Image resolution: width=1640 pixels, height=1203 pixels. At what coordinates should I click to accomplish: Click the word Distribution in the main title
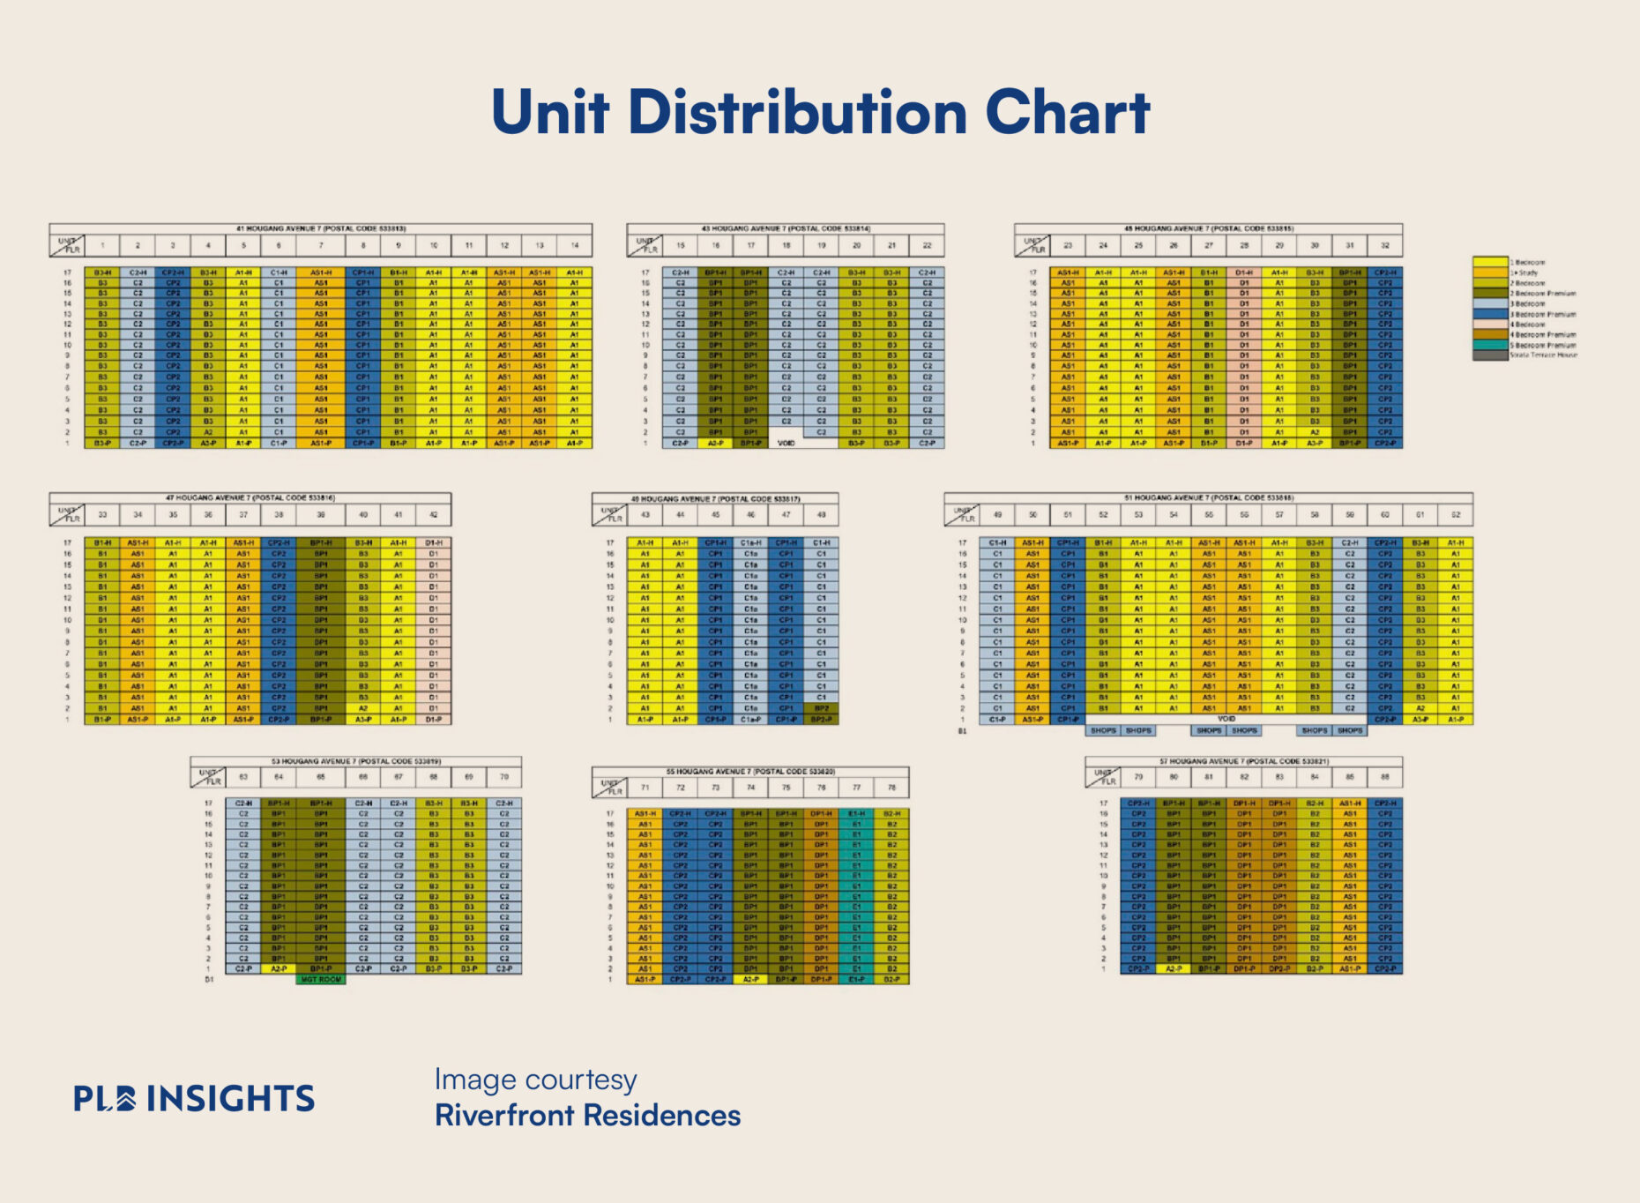click(x=797, y=113)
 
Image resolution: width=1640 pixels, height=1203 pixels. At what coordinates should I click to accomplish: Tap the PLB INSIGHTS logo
click(x=194, y=1098)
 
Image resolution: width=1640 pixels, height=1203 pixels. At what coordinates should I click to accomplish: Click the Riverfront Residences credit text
click(x=587, y=1116)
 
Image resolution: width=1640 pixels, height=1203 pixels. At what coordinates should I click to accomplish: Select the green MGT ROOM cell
click(x=321, y=979)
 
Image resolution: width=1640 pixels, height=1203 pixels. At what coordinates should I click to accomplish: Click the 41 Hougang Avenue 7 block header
click(x=321, y=228)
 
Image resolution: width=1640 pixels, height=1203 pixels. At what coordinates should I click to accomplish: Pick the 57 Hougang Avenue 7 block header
click(x=1243, y=761)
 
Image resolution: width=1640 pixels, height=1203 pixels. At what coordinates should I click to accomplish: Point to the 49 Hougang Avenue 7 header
click(x=715, y=498)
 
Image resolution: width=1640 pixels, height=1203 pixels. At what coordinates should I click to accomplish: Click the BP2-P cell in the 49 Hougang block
click(x=821, y=720)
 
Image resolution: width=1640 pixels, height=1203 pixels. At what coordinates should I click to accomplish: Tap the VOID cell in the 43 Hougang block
click(x=786, y=443)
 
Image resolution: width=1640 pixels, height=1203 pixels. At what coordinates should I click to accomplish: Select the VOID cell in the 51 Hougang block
click(x=1226, y=719)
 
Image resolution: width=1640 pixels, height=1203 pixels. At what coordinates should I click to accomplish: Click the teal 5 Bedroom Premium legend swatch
click(x=1490, y=346)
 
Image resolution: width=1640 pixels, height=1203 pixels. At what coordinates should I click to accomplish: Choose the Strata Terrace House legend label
click(x=1543, y=355)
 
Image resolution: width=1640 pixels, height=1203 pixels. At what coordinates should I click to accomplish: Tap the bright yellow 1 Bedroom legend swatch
click(x=1490, y=262)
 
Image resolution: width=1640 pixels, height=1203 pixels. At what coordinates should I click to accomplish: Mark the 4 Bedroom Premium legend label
click(x=1544, y=335)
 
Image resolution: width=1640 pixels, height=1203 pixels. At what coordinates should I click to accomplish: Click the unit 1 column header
click(x=102, y=245)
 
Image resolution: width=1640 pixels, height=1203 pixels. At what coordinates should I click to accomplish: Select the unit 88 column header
click(x=1385, y=777)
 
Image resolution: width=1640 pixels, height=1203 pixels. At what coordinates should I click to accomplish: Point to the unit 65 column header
click(x=321, y=777)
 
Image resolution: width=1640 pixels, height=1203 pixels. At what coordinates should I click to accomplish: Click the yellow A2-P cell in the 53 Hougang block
click(x=279, y=968)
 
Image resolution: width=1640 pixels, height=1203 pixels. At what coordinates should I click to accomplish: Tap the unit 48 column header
click(x=821, y=514)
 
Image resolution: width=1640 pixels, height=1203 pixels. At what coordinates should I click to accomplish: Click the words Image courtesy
click(x=535, y=1080)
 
